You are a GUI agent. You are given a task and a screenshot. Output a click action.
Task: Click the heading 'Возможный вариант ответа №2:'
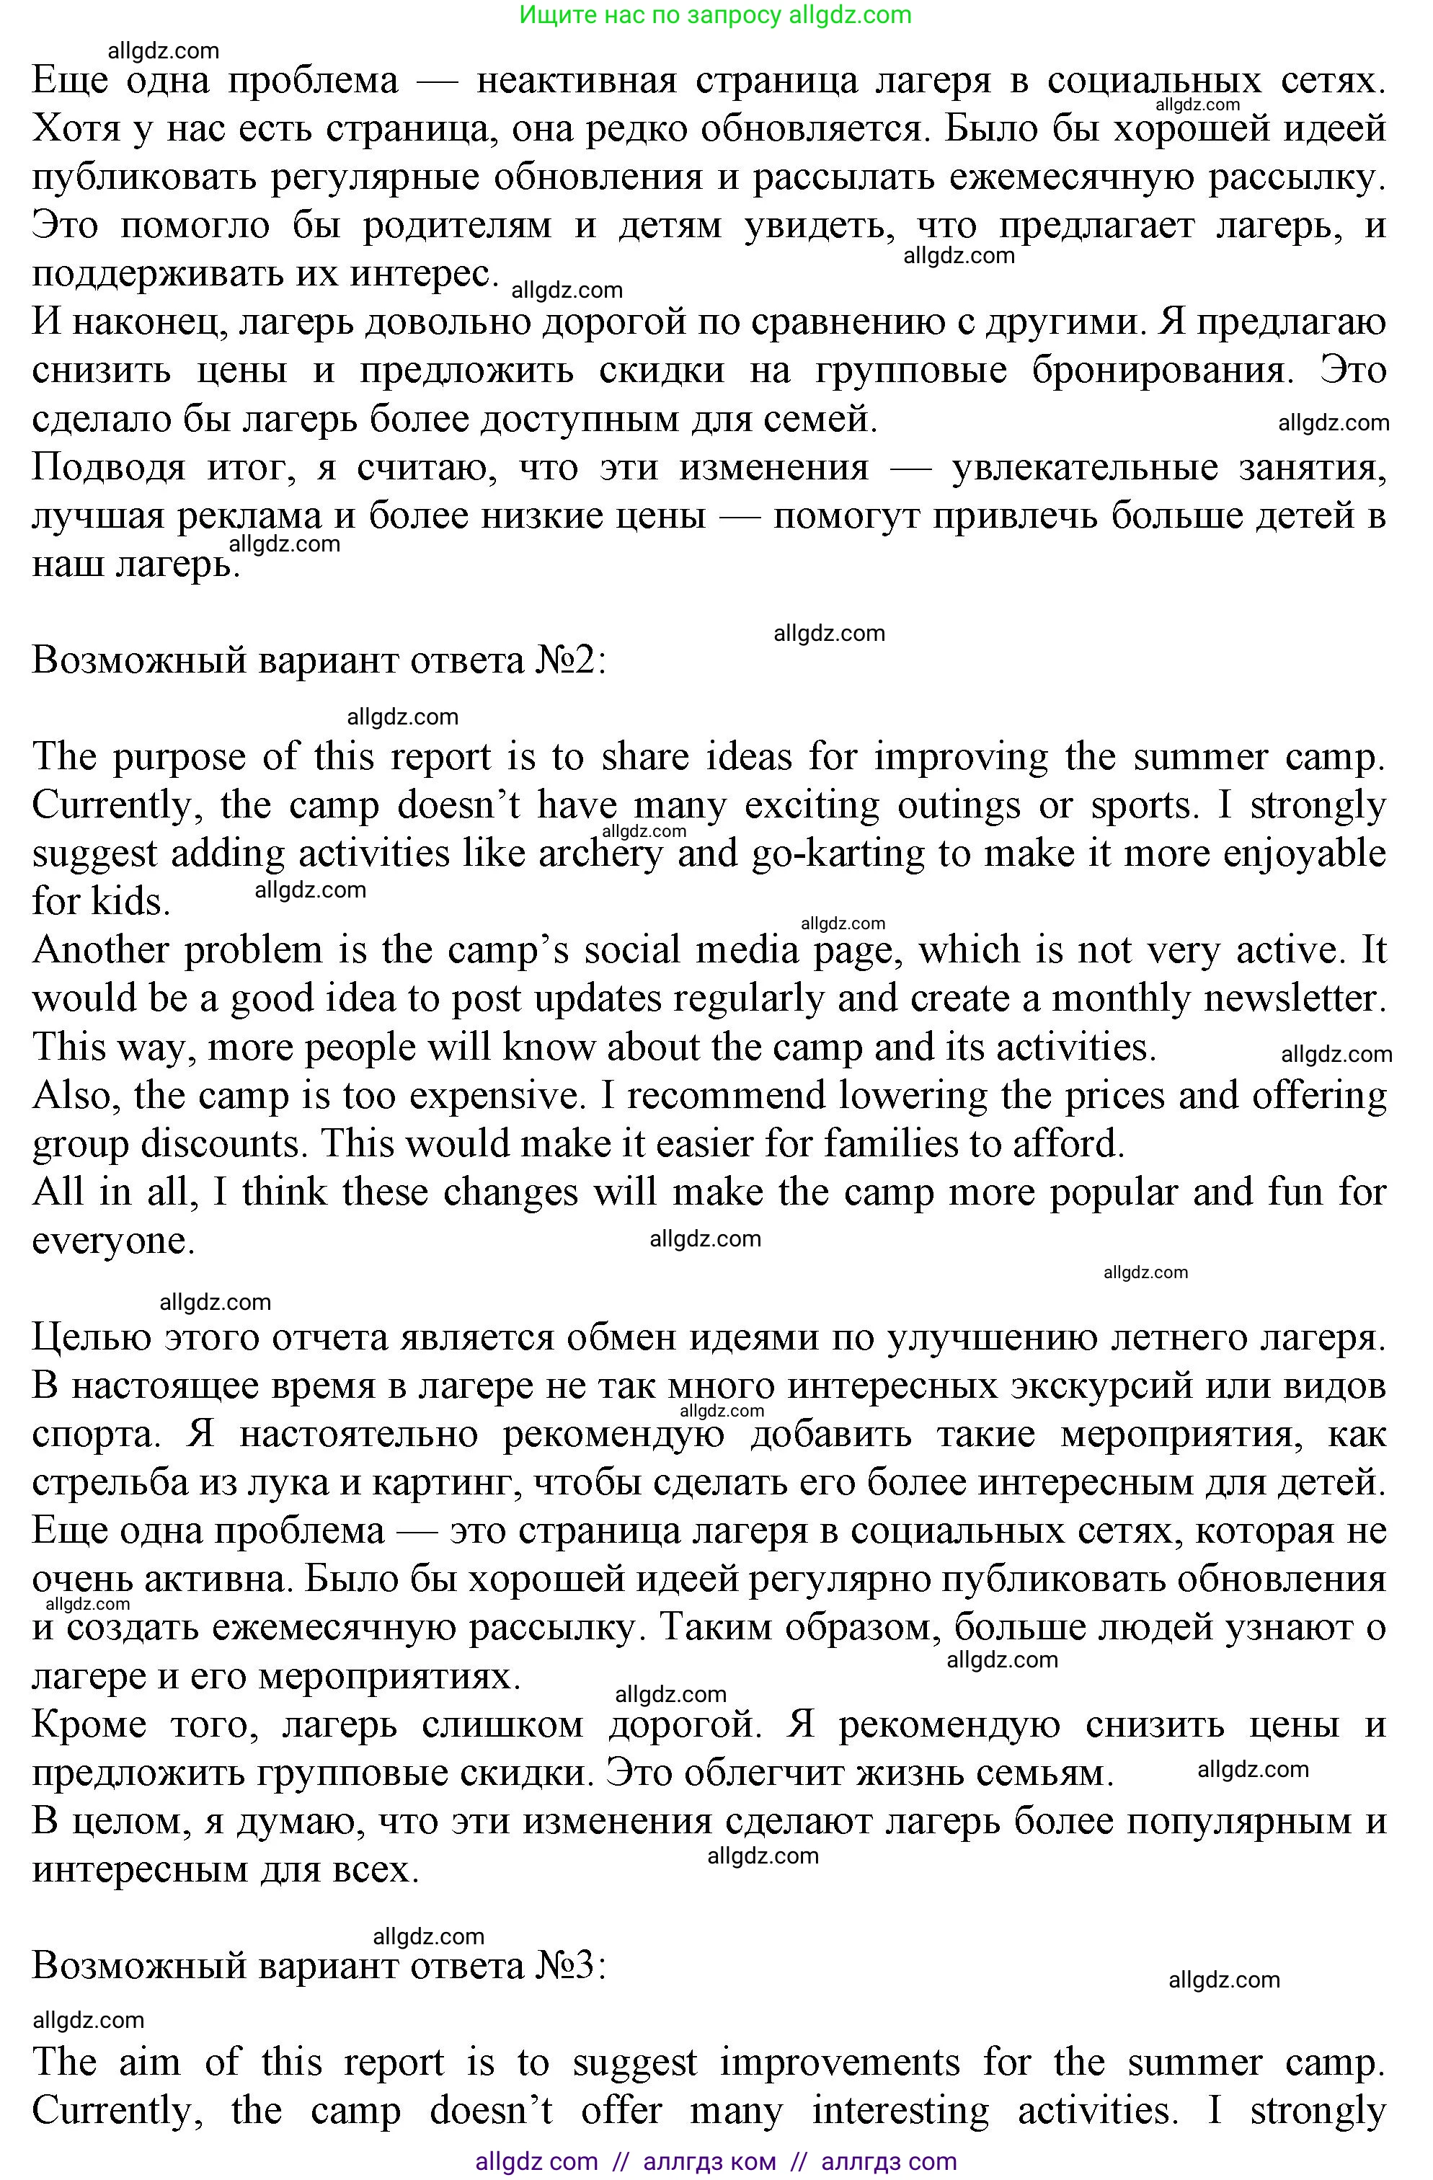319,660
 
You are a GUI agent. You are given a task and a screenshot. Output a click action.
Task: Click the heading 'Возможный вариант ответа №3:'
319,1964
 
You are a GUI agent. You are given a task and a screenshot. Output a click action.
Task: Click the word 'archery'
600,854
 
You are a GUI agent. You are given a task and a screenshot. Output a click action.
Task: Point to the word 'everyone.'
114,1241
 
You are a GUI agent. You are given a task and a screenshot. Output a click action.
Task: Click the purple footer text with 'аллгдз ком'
709,2162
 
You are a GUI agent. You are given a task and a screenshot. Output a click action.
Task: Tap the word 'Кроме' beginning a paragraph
89,1725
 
